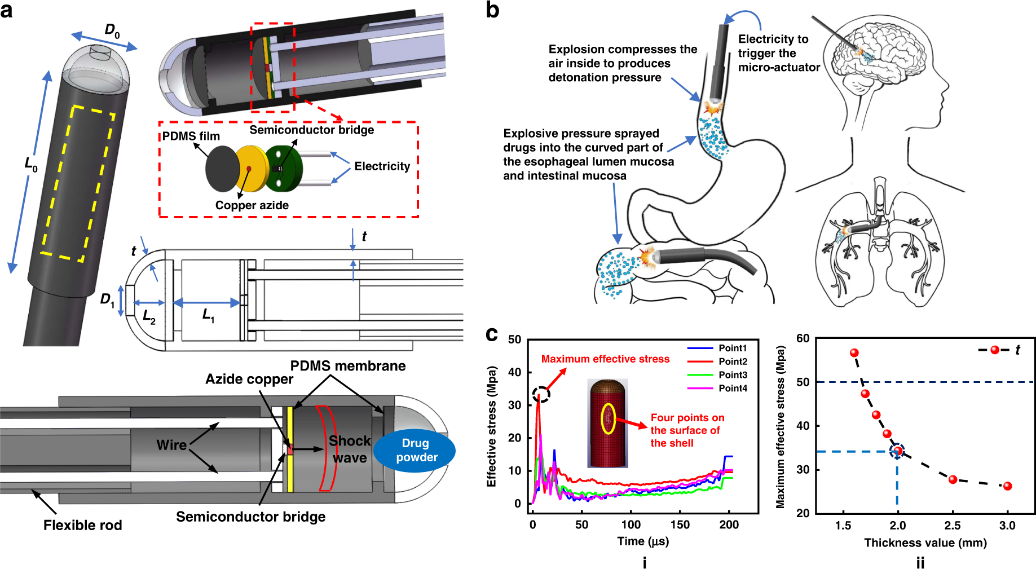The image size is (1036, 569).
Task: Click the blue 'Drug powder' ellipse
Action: [415, 451]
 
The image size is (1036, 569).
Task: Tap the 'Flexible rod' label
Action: [83, 525]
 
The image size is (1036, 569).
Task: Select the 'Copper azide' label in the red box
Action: [252, 205]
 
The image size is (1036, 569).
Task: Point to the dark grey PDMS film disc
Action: [222, 169]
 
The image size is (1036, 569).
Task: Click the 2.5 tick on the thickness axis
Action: [953, 526]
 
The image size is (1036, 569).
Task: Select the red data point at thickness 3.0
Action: [1007, 486]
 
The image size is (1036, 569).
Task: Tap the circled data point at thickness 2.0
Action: [897, 451]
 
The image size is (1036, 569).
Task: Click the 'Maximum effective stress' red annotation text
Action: [605, 359]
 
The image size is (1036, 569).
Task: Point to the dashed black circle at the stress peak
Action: [541, 394]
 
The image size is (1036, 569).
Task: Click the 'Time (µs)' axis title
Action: [643, 541]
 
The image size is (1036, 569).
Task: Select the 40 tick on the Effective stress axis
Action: [514, 372]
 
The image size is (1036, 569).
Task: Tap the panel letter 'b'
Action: [492, 11]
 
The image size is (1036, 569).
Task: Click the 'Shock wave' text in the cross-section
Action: [350, 449]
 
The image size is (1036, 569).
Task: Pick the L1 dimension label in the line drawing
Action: [208, 315]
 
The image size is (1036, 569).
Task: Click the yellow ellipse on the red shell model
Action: [607, 419]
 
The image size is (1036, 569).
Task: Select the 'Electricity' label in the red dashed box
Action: [382, 166]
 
